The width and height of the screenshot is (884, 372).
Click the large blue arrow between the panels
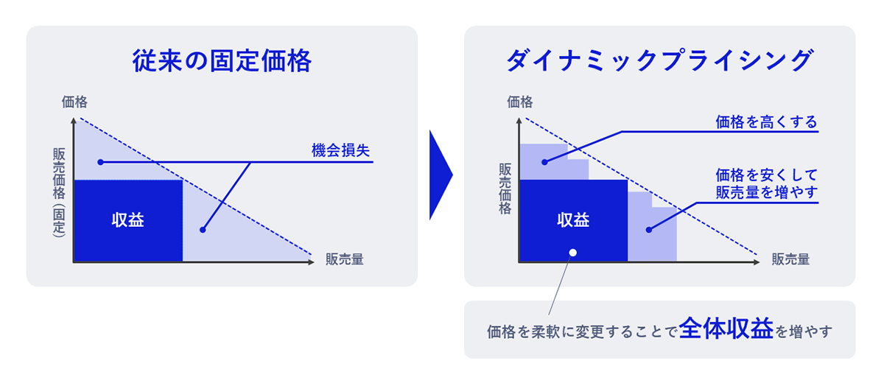pos(440,175)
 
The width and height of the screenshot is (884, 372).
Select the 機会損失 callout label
pos(340,152)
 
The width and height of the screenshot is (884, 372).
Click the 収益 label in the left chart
pos(127,221)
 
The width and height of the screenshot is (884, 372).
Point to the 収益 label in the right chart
pos(573,220)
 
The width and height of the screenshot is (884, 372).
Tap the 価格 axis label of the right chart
pos(519,102)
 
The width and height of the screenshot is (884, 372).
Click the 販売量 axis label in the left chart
pos(344,259)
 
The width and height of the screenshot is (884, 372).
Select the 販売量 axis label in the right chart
pos(790,259)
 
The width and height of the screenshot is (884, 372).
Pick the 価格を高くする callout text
pos(766,122)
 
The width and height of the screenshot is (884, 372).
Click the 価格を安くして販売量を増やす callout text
pos(766,184)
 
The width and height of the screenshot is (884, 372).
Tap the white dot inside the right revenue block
pos(573,252)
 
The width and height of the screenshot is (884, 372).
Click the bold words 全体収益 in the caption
pos(725,329)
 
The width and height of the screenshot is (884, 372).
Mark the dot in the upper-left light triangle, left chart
pos(100,161)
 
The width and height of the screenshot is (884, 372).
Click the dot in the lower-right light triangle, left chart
pos(203,230)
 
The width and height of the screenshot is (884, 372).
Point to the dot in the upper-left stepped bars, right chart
pos(545,161)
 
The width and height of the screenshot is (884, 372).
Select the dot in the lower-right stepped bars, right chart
pos(649,230)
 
